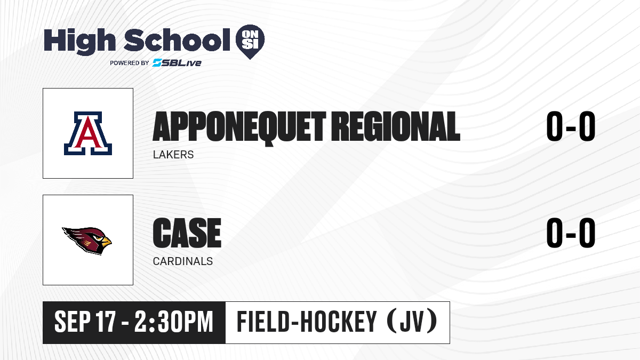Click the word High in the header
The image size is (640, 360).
coord(79,42)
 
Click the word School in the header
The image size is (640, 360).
coord(177,40)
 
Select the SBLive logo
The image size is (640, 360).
coord(177,62)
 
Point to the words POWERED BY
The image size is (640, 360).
coord(130,63)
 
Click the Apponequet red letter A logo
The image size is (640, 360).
coord(88,133)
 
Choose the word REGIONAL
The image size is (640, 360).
coord(396,126)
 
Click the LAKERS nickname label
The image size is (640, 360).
coord(173,155)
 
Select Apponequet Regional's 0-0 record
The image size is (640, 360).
coord(571,126)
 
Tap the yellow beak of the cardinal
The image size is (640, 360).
coord(106,242)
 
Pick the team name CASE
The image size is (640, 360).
coord(187,233)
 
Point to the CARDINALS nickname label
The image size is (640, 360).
coord(183,261)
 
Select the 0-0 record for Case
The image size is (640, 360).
coord(571,233)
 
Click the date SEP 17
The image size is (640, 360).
coord(85,322)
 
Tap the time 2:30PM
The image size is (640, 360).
coord(174,322)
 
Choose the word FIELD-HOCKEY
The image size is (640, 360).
coord(307,322)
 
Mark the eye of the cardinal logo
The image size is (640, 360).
coord(99,238)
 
